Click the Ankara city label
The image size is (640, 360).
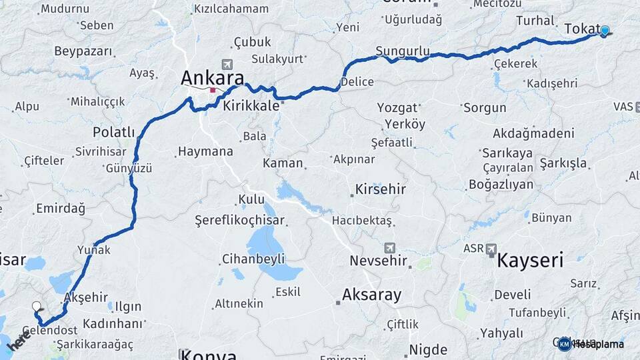[212, 78]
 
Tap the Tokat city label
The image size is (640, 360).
[582, 29]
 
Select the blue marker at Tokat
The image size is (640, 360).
[605, 30]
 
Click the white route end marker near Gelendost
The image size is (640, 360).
[36, 307]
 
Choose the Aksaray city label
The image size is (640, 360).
[371, 294]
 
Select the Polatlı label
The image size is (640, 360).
[113, 131]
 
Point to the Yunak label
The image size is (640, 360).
[93, 250]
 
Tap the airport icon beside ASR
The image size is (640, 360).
[491, 249]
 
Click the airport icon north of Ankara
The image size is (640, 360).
[228, 64]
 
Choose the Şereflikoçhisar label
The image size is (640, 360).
[239, 220]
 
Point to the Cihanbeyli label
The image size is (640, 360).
[253, 259]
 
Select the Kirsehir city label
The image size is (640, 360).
[380, 189]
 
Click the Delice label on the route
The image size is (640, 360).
[357, 81]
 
